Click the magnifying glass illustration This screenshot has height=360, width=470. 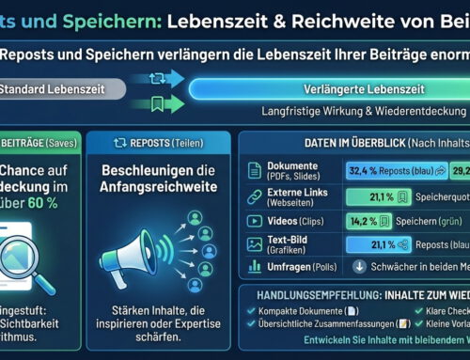[31, 249]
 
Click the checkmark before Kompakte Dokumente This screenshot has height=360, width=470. [248, 311]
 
